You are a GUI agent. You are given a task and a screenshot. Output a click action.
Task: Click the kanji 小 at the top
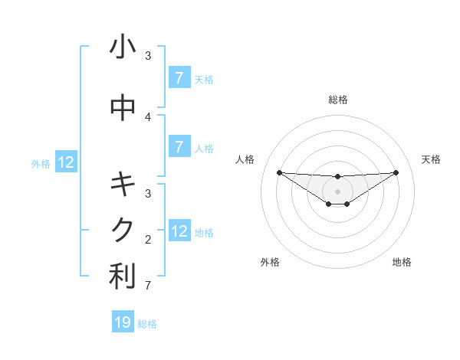coord(123,47)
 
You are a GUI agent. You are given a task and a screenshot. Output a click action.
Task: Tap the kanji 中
coord(123,108)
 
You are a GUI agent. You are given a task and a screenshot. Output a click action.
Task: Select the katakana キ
coord(123,185)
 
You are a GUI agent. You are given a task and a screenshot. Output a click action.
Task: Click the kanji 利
coord(123,277)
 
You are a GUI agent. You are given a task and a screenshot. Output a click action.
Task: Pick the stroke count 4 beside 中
coord(148,116)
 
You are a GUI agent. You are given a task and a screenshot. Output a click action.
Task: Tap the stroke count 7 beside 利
coord(148,286)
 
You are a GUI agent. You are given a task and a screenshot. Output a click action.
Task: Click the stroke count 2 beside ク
coord(148,240)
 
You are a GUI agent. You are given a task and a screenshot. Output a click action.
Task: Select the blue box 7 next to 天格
coord(179,78)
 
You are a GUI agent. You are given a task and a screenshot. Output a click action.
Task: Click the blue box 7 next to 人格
coord(179,147)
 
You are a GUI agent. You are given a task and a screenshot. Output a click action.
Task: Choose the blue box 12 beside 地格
coord(179,231)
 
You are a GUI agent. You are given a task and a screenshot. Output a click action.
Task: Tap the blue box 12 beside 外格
coord(66,162)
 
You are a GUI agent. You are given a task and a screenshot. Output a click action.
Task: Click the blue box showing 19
coord(123,322)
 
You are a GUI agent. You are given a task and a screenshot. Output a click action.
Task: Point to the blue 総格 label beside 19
coord(147,324)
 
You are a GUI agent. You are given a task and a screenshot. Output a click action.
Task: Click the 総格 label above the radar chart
coord(337,100)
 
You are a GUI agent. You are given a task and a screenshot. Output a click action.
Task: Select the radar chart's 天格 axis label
coord(432,159)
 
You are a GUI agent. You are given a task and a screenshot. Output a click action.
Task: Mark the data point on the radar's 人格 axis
coord(279,172)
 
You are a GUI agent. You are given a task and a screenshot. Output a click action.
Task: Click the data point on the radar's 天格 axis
coord(396,172)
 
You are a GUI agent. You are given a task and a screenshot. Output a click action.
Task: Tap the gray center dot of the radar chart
coord(337,191)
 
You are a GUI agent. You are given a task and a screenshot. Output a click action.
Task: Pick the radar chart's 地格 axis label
coord(402,262)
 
